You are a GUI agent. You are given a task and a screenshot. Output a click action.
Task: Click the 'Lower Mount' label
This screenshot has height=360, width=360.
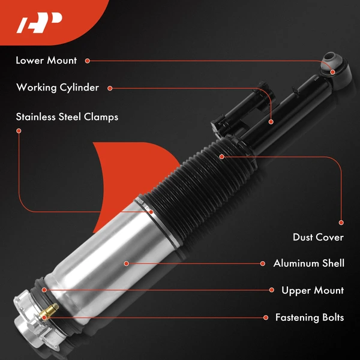(x=46, y=61)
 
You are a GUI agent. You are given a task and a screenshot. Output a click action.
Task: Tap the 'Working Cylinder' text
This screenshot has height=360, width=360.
(x=58, y=88)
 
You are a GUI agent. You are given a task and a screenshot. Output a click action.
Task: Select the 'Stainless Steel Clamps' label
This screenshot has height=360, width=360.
(x=67, y=116)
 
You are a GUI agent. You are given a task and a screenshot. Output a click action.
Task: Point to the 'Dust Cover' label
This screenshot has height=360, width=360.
(x=318, y=237)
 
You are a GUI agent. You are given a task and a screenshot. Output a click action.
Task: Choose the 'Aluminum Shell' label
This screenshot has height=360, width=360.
(x=309, y=263)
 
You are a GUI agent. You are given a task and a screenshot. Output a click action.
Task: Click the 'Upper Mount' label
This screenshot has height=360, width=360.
(x=313, y=290)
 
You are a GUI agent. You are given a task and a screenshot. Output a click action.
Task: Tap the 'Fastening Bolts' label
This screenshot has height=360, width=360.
(x=310, y=317)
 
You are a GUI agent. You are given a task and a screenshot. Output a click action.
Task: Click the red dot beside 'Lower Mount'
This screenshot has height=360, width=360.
(x=88, y=61)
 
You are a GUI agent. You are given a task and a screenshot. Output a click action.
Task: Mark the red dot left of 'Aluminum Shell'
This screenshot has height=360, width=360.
(x=263, y=263)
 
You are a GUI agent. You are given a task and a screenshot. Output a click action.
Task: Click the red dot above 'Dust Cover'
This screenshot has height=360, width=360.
(x=341, y=223)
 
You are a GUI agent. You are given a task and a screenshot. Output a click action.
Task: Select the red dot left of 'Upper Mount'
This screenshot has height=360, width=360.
(x=271, y=290)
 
